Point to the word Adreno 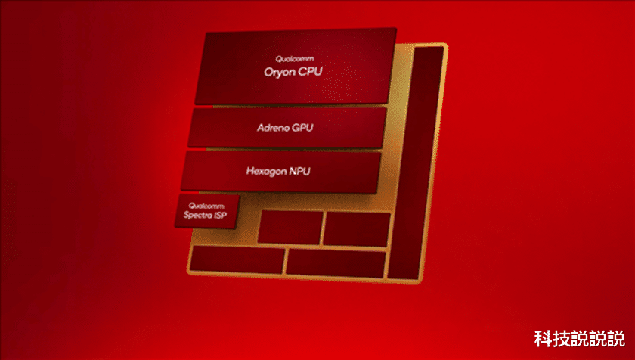click(271, 127)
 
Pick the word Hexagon click(265, 171)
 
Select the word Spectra click(199, 216)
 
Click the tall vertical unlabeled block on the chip click(414, 163)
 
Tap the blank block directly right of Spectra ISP click(290, 227)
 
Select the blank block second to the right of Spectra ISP click(356, 228)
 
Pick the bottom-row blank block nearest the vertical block click(335, 262)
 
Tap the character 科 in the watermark click(542, 337)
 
